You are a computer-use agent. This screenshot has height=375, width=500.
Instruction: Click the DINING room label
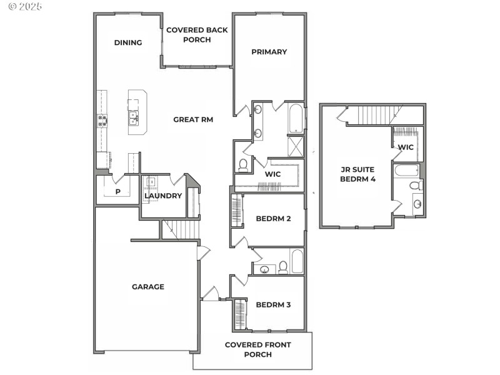(128, 42)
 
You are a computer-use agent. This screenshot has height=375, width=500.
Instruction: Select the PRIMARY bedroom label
(269, 52)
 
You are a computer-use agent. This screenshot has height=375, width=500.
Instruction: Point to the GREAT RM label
(193, 119)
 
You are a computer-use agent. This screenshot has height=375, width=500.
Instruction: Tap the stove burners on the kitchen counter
(101, 120)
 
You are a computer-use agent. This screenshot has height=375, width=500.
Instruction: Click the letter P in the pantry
(117, 192)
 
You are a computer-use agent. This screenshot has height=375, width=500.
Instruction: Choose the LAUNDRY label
(162, 196)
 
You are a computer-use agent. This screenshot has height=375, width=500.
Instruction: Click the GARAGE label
(148, 287)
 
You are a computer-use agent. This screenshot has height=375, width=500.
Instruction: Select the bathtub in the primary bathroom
(295, 119)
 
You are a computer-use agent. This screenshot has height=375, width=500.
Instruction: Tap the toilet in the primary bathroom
(243, 165)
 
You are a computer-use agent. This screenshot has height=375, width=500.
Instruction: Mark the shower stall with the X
(295, 146)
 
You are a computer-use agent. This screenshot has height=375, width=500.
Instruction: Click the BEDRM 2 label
(274, 219)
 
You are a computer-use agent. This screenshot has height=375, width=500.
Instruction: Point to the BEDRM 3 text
(274, 305)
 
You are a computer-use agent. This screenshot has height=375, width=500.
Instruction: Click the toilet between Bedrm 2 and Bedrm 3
(282, 268)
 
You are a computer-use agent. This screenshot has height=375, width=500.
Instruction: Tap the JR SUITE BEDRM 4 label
(356, 174)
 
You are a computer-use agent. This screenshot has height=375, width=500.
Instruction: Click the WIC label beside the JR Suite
(406, 147)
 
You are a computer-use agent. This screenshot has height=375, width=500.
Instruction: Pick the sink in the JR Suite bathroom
(417, 204)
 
